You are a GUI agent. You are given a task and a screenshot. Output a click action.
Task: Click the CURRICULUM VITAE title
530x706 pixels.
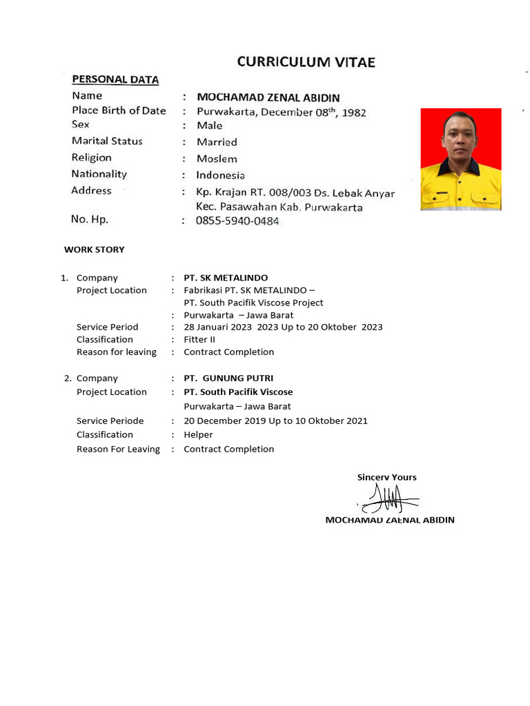[306, 62]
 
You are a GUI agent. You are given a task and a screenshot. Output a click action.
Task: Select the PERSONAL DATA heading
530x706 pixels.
[115, 79]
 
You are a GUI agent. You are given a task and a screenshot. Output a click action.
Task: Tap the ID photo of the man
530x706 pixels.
[460, 159]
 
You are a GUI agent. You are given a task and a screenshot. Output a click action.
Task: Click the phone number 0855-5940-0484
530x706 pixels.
[238, 221]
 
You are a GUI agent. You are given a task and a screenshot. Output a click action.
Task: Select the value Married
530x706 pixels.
[217, 142]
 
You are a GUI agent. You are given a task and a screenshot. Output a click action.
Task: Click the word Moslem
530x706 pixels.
[217, 159]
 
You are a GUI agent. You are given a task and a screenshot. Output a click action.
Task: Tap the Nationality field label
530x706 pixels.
[99, 174]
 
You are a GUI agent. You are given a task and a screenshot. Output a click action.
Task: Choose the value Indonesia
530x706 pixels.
[220, 175]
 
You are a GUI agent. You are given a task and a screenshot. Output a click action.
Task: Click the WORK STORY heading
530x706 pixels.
[95, 250]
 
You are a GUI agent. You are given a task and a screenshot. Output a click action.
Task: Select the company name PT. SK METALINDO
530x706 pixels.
[226, 278]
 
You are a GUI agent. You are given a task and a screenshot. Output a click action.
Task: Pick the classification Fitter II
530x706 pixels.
[199, 339]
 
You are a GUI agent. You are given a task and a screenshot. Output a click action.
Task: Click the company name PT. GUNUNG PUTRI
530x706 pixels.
[228, 379]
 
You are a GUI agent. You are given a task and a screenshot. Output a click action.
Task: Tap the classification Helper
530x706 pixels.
[198, 434]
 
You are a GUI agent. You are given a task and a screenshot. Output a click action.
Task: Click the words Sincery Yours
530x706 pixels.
[386, 477]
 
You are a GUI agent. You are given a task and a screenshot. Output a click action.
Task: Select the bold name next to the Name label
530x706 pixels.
[268, 98]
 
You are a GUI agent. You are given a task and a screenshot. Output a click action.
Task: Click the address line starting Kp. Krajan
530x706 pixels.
[295, 192]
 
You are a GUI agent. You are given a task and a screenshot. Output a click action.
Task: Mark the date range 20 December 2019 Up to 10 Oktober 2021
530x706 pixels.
[275, 421]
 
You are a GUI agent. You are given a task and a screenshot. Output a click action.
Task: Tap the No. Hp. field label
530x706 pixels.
[90, 219]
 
